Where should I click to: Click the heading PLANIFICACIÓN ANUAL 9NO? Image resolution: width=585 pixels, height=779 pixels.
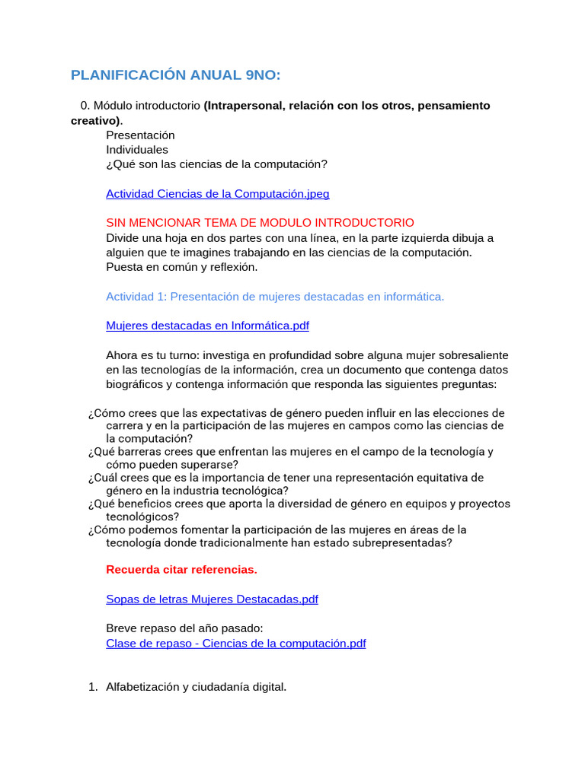[x=175, y=75]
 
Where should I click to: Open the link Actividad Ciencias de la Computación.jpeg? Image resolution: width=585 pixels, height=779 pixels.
[x=217, y=194]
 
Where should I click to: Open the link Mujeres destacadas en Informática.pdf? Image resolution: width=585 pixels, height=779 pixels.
[x=207, y=326]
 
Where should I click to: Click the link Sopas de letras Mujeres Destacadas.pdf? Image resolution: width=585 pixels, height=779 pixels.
[x=212, y=599]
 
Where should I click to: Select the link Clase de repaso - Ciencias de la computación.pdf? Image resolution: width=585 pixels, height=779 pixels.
[x=235, y=643]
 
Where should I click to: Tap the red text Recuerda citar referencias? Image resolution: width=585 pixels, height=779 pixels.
[x=181, y=569]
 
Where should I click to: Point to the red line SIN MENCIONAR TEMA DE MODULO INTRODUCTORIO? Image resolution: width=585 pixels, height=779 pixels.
[x=260, y=222]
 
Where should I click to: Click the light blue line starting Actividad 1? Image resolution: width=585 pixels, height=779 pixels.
[x=274, y=296]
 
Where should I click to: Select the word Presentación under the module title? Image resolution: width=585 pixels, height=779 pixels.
[x=140, y=135]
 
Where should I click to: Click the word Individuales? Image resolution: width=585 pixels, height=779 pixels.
[x=137, y=149]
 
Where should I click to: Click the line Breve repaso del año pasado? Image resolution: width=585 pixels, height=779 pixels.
[x=184, y=628]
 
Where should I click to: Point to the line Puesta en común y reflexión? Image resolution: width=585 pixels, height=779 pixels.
[x=181, y=266]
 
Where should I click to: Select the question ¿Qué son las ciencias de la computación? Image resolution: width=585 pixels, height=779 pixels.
[x=216, y=164]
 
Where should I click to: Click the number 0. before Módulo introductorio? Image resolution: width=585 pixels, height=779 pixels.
[x=85, y=105]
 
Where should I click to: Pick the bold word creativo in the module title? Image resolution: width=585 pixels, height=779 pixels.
[x=94, y=120]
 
